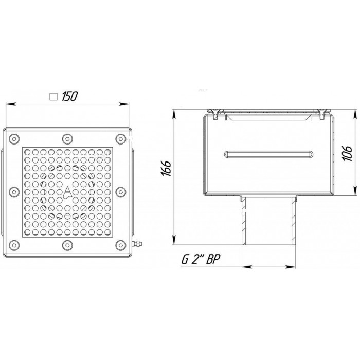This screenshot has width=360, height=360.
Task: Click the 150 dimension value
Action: tap(69, 96)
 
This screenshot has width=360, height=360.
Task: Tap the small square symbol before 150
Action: tap(53, 97)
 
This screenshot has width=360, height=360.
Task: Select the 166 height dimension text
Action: tap(166, 168)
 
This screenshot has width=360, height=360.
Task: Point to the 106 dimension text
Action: tap(347, 153)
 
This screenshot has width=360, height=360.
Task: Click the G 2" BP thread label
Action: tap(201, 259)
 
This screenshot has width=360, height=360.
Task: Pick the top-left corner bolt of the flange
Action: tap(14, 139)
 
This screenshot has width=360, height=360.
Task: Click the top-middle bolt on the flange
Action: tap(67, 139)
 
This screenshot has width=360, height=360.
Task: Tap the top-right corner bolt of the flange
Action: tap(121, 139)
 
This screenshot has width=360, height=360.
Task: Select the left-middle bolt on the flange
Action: tap(14, 192)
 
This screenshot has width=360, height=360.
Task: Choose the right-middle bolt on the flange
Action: tap(121, 192)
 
